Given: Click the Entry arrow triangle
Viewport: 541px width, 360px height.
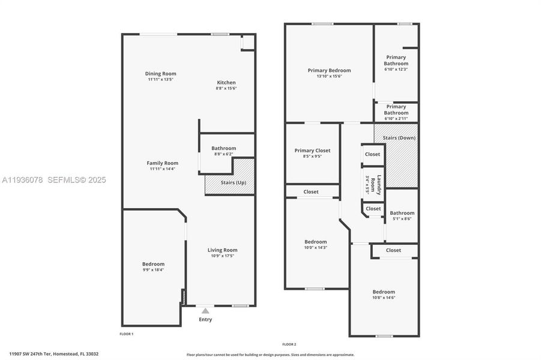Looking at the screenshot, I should (x=205, y=311).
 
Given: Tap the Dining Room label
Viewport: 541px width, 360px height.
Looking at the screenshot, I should (x=160, y=74).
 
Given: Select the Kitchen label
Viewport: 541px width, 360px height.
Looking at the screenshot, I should (x=226, y=83).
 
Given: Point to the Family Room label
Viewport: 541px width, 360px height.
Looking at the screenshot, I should (x=162, y=163).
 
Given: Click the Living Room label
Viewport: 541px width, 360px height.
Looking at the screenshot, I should (x=222, y=250).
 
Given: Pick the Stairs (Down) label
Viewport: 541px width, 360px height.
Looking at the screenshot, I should (x=399, y=138).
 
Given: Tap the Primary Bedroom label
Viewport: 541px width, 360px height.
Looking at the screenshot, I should (x=329, y=70).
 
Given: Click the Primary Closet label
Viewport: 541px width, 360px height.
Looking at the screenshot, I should (x=312, y=151).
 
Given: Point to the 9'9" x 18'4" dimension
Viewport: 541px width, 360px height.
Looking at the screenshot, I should (x=153, y=270).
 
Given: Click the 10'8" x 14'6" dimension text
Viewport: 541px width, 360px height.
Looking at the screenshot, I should (x=384, y=298).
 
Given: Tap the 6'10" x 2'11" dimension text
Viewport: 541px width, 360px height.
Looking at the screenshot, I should (x=396, y=118).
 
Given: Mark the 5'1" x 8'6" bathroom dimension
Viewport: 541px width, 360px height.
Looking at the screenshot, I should (x=402, y=219).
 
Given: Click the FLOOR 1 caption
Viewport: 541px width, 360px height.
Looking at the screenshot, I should (x=126, y=334).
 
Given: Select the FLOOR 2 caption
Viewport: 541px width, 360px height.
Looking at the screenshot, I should (x=289, y=344).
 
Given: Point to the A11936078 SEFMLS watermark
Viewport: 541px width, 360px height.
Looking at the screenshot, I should (x=53, y=180).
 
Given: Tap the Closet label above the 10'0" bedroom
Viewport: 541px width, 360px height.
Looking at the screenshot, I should (x=311, y=192).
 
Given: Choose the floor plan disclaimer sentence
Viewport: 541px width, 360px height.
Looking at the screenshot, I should (x=270, y=355).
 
